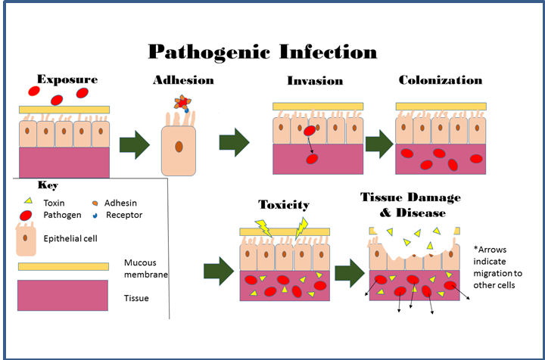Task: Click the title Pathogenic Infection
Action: click(x=262, y=51)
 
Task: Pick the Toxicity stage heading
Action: click(x=284, y=204)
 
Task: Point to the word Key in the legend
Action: click(x=47, y=185)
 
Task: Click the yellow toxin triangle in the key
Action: click(x=30, y=201)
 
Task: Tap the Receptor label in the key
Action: click(x=124, y=215)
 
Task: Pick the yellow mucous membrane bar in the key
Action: click(x=64, y=266)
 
